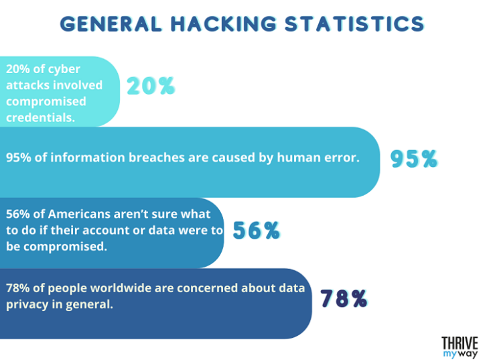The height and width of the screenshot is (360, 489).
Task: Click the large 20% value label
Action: click(151, 86)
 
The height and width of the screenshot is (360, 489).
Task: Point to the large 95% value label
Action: click(413, 159)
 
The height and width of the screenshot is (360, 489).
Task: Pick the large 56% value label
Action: click(256, 231)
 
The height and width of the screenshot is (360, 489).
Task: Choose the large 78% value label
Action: click(344, 299)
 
